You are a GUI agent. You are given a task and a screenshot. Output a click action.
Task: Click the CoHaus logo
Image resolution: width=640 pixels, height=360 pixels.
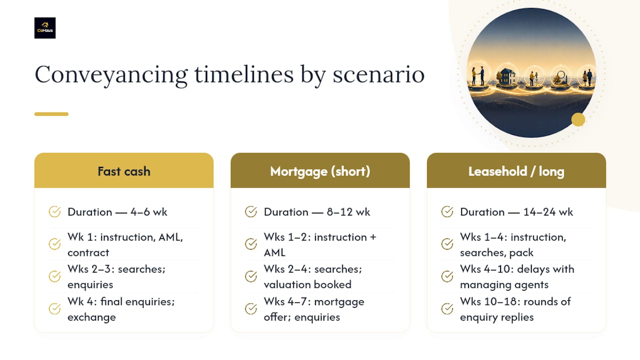click(45, 28)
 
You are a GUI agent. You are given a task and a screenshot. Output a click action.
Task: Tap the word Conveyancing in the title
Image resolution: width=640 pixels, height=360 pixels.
click(111, 75)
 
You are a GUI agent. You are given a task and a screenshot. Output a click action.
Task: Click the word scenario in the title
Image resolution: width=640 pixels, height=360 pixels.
click(378, 75)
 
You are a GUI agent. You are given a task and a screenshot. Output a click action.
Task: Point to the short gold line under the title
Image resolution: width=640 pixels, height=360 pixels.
click(51, 114)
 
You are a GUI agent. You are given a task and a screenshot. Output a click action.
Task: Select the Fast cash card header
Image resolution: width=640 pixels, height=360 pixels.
click(123, 170)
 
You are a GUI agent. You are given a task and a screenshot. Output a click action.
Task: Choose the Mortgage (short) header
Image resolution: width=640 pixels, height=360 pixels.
click(320, 170)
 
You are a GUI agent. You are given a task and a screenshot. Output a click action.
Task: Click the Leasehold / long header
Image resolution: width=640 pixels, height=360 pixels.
click(516, 170)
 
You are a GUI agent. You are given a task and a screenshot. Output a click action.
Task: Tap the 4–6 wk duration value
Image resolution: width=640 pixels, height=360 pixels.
click(149, 212)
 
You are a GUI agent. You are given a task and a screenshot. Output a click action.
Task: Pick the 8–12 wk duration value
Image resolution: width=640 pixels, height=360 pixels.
click(348, 212)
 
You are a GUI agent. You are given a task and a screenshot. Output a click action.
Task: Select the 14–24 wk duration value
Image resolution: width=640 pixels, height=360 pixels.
click(548, 212)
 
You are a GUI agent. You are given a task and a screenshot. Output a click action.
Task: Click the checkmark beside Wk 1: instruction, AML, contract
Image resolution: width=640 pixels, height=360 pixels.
click(54, 244)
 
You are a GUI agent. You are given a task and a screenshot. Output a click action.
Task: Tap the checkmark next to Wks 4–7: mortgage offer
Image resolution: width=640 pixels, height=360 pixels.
click(251, 308)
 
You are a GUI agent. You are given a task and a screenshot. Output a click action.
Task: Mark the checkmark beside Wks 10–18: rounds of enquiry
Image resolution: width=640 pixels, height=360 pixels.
click(447, 308)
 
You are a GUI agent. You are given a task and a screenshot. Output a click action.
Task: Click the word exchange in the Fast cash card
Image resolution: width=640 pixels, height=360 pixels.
click(91, 317)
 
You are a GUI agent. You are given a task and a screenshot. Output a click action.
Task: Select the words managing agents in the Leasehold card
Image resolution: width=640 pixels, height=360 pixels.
click(504, 285)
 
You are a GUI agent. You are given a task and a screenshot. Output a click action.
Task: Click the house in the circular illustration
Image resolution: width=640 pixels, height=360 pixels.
click(506, 76)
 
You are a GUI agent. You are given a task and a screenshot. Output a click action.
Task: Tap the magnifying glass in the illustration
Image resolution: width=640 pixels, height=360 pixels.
click(561, 75)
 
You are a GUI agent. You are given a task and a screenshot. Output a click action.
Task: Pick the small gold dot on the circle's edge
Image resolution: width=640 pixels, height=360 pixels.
click(578, 119)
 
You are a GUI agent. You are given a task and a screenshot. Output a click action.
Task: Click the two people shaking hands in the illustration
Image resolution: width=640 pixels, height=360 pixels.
click(478, 75)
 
